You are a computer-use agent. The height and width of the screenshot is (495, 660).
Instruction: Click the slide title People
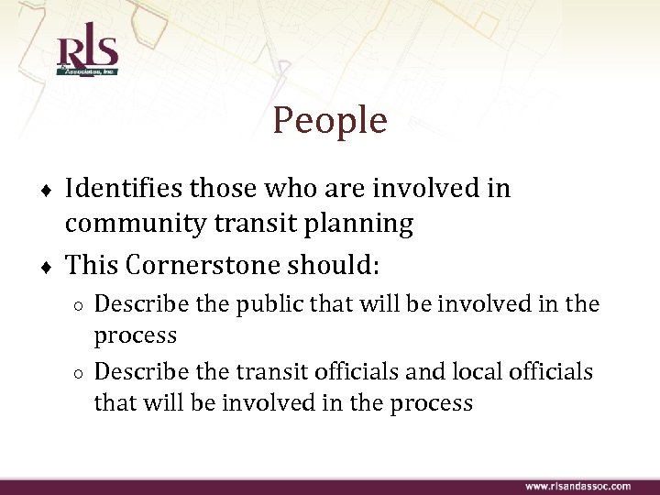pos(330,120)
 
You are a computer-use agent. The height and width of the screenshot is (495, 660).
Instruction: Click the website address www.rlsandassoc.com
pos(577,486)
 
